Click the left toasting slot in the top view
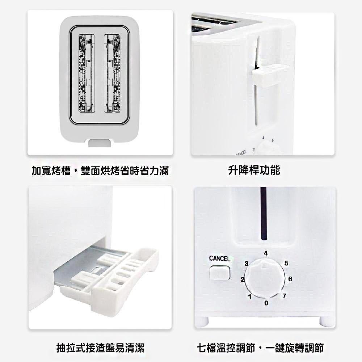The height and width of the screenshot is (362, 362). pyautogui.click(x=87, y=73)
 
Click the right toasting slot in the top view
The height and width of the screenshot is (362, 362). pyautogui.click(x=112, y=73)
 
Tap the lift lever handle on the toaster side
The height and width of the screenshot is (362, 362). pyautogui.click(x=270, y=76)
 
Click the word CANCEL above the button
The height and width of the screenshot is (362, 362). pyautogui.click(x=220, y=258)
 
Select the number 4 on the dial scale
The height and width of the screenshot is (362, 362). pyautogui.click(x=266, y=253)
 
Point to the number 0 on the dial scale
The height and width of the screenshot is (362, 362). pyautogui.click(x=266, y=303)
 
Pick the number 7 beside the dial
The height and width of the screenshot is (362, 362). pyautogui.click(x=285, y=296)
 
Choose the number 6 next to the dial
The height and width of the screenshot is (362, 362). pyautogui.click(x=290, y=279)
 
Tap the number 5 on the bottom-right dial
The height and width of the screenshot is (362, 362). pyautogui.click(x=286, y=263)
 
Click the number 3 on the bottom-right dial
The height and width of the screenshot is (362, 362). pyautogui.click(x=247, y=264)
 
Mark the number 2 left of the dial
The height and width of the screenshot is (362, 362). pyautogui.click(x=243, y=279)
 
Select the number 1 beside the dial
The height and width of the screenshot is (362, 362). pyautogui.click(x=249, y=296)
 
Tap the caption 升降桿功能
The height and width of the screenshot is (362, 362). pyautogui.click(x=254, y=170)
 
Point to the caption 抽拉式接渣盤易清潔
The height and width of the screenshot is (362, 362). pyautogui.click(x=100, y=348)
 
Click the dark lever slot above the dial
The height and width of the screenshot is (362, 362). pyautogui.click(x=264, y=214)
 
